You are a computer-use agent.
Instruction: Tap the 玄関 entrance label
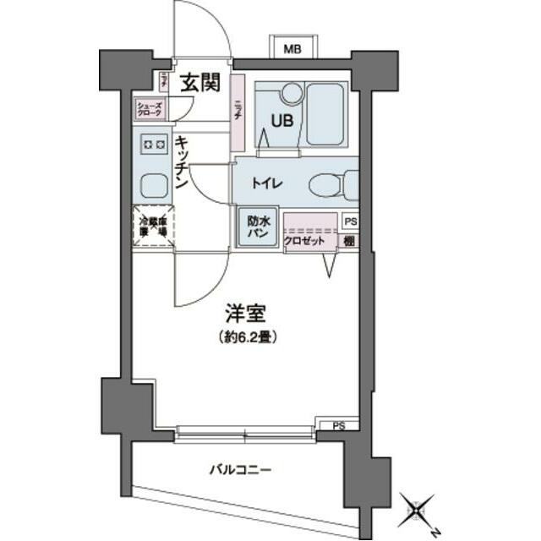click(199, 83)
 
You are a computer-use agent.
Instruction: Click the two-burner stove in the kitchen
click(152, 145)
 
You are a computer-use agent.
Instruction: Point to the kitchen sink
click(152, 185)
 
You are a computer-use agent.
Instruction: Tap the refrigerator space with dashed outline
click(152, 227)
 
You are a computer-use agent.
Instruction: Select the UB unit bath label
click(281, 119)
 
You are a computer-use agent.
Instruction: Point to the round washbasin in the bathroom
click(290, 92)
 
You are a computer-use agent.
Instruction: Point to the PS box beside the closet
click(350, 221)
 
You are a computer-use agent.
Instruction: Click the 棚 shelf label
click(350, 242)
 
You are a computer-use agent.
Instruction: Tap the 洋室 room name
click(246, 314)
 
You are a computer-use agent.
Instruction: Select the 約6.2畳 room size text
click(246, 336)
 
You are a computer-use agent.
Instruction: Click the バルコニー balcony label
click(241, 470)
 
